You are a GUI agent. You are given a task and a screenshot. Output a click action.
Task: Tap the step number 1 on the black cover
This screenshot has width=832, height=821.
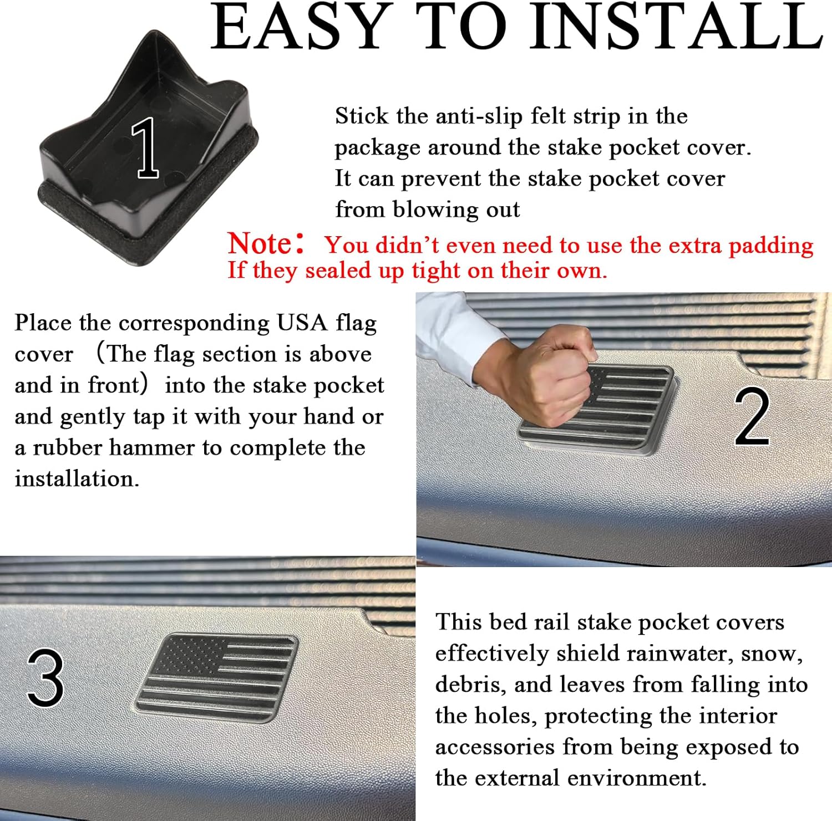tap(146, 147)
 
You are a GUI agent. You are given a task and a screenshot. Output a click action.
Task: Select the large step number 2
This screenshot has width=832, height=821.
tap(752, 417)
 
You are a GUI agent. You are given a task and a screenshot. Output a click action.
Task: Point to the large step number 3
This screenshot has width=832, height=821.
tap(45, 678)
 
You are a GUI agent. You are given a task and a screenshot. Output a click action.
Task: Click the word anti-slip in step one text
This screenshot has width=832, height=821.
tap(479, 116)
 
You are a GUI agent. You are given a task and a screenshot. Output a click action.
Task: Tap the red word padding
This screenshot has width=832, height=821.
tap(771, 246)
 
